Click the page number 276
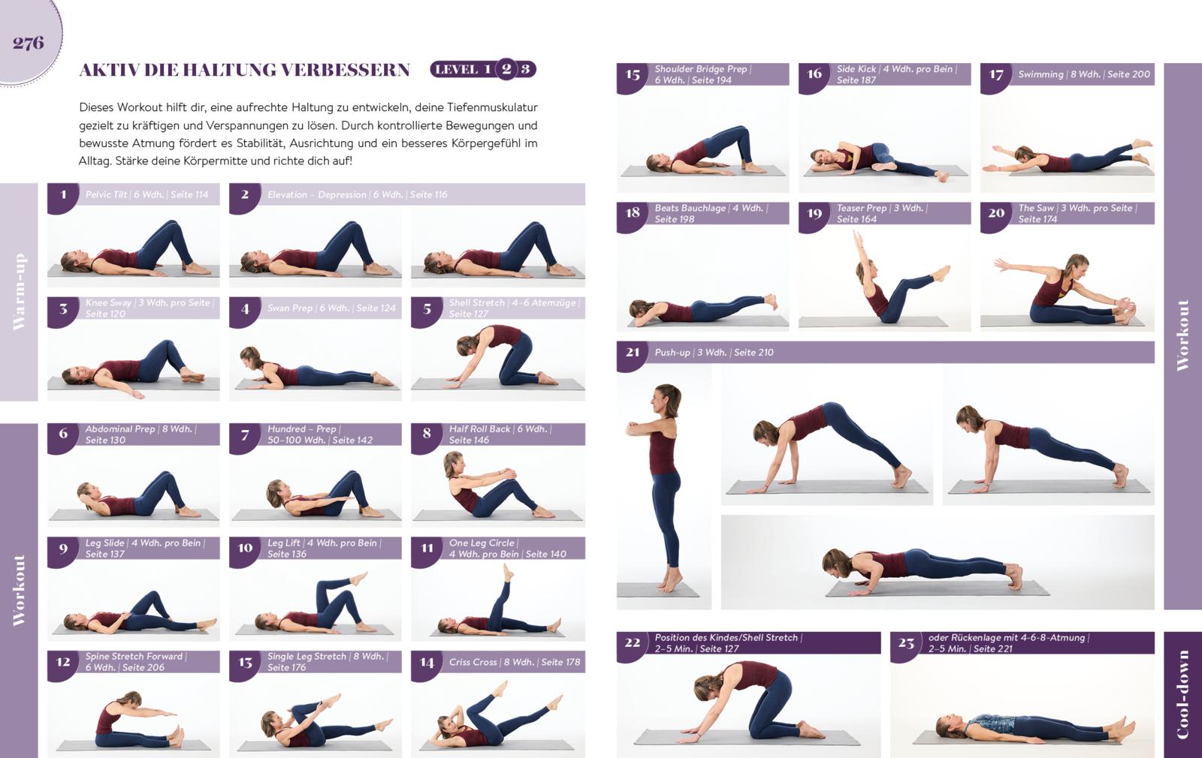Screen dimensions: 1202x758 pyautogui.click(x=29, y=43)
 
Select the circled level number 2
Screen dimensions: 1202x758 pyautogui.click(x=506, y=69)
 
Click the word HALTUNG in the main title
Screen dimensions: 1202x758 pyautogui.click(x=230, y=70)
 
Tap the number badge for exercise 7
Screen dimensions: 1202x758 pyautogui.click(x=245, y=435)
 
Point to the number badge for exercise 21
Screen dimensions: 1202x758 pyautogui.click(x=632, y=352)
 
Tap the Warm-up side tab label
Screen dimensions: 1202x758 pyautogui.click(x=19, y=292)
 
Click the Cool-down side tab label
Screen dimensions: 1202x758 pyautogui.click(x=1182, y=695)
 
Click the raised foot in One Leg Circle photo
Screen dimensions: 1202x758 pyautogui.click(x=508, y=573)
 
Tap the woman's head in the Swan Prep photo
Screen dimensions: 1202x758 pyautogui.click(x=249, y=356)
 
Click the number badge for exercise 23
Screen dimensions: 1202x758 pyautogui.click(x=906, y=643)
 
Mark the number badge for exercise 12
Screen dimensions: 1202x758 pyautogui.click(x=63, y=662)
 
